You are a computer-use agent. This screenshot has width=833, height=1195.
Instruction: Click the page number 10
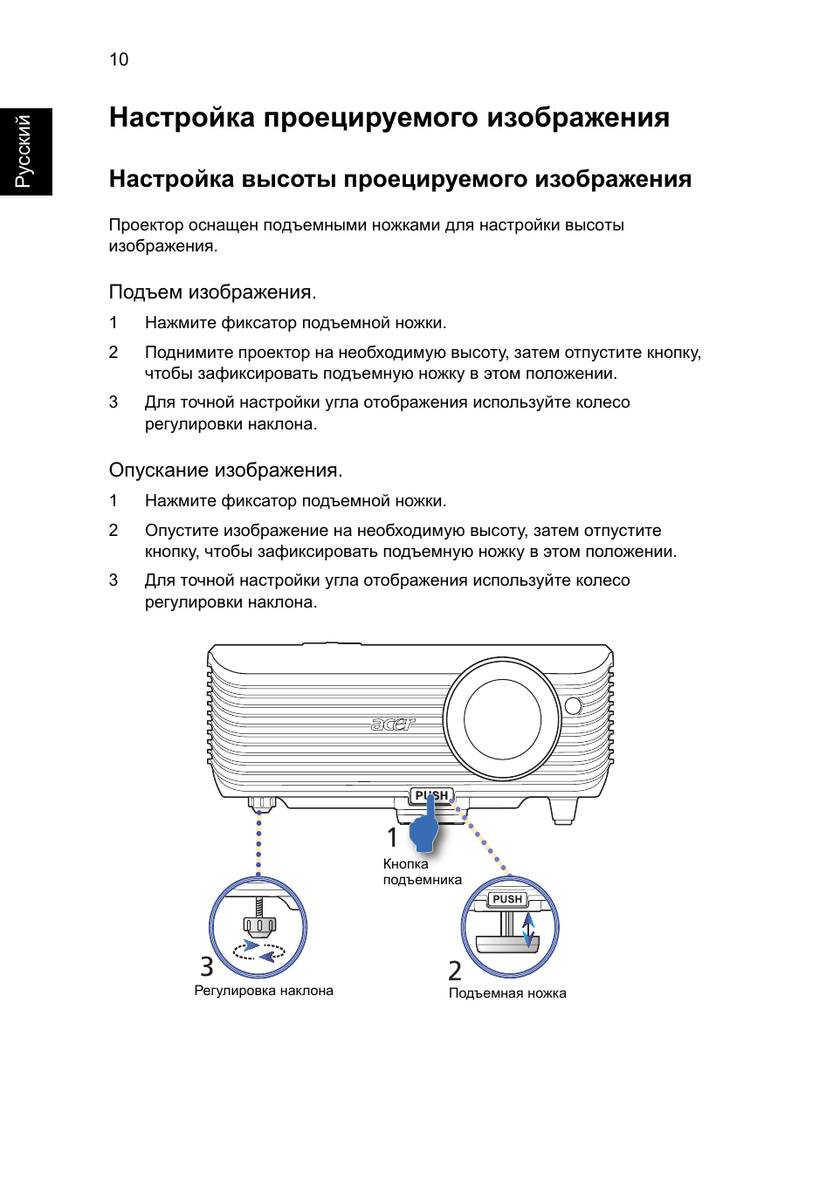[x=119, y=59]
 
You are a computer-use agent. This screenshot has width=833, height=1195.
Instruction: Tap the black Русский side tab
[x=25, y=151]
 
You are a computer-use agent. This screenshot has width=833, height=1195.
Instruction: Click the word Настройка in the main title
[x=182, y=118]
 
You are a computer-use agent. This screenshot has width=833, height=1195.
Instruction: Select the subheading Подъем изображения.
[x=212, y=292]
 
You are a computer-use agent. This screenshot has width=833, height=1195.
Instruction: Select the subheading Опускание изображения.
[x=225, y=470]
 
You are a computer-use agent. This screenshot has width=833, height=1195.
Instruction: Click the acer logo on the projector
[x=393, y=724]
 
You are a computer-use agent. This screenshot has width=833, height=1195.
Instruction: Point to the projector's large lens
[x=502, y=719]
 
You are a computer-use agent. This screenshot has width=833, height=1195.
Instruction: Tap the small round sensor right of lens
[x=574, y=705]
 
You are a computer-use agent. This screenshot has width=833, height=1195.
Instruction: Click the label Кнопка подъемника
[x=421, y=872]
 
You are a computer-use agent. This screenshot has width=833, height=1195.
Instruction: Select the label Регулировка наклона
[x=264, y=991]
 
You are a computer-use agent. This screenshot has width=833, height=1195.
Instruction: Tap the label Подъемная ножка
[x=507, y=993]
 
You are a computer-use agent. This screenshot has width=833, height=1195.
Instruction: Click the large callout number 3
[x=207, y=967]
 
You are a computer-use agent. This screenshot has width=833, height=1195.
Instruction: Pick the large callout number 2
[x=455, y=971]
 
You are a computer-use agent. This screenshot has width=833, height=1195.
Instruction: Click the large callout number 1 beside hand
[x=392, y=837]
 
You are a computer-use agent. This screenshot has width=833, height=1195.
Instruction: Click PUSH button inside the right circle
[x=507, y=899]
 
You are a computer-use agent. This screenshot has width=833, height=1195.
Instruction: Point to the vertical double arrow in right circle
[x=528, y=931]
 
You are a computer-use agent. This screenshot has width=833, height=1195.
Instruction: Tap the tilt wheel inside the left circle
[x=259, y=924]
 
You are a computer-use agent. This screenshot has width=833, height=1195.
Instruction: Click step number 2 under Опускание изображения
[x=114, y=531]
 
